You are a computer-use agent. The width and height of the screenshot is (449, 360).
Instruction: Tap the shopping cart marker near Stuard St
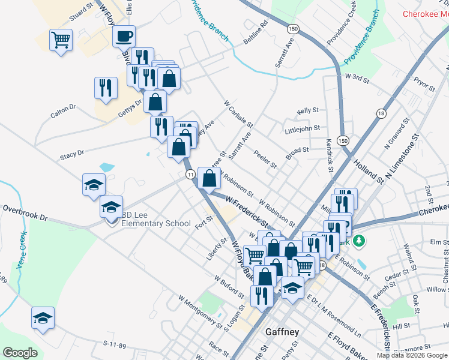(x=61, y=41)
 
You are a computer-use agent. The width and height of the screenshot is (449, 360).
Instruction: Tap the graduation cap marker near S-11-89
(x=43, y=319)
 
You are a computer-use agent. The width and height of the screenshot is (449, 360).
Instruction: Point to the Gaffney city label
(x=282, y=332)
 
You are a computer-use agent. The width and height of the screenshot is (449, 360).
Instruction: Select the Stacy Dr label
(x=72, y=155)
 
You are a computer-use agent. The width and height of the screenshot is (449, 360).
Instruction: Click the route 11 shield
(x=190, y=174)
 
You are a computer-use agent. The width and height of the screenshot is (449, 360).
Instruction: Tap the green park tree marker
(x=359, y=241)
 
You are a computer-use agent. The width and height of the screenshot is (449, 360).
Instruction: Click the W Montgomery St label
(x=200, y=306)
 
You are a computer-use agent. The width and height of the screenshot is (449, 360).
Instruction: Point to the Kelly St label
(x=307, y=111)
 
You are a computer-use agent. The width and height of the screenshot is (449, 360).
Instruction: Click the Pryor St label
(x=424, y=83)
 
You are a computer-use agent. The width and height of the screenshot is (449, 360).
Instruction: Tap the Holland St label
(x=367, y=169)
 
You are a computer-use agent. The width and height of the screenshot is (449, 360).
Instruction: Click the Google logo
(x=20, y=353)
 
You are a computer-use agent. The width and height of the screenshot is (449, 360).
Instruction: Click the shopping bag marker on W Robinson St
(x=209, y=178)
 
